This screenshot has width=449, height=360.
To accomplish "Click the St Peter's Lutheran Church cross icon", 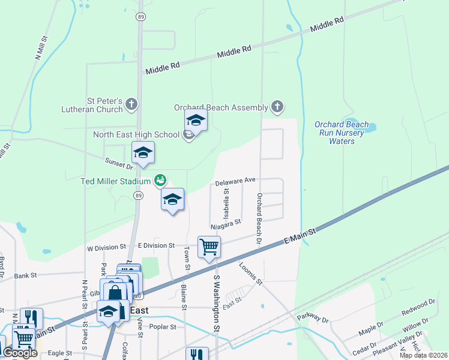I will coord(131,105).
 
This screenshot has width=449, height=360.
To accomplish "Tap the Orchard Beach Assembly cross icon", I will coord(277,107).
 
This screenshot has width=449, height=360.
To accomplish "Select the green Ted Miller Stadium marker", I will coord(160,179).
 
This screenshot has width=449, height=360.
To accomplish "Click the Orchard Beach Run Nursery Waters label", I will coord(342,133).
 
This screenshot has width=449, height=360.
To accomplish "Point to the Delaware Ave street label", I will coord(236,180).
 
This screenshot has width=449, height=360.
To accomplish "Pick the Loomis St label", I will coord(251,273).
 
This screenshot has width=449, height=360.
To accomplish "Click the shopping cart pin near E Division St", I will coord(209,247).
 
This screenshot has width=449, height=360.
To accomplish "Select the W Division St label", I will coord(106,247).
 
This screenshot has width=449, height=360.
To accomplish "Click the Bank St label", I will coord(26,275).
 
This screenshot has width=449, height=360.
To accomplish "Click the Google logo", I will coord(20,353).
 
